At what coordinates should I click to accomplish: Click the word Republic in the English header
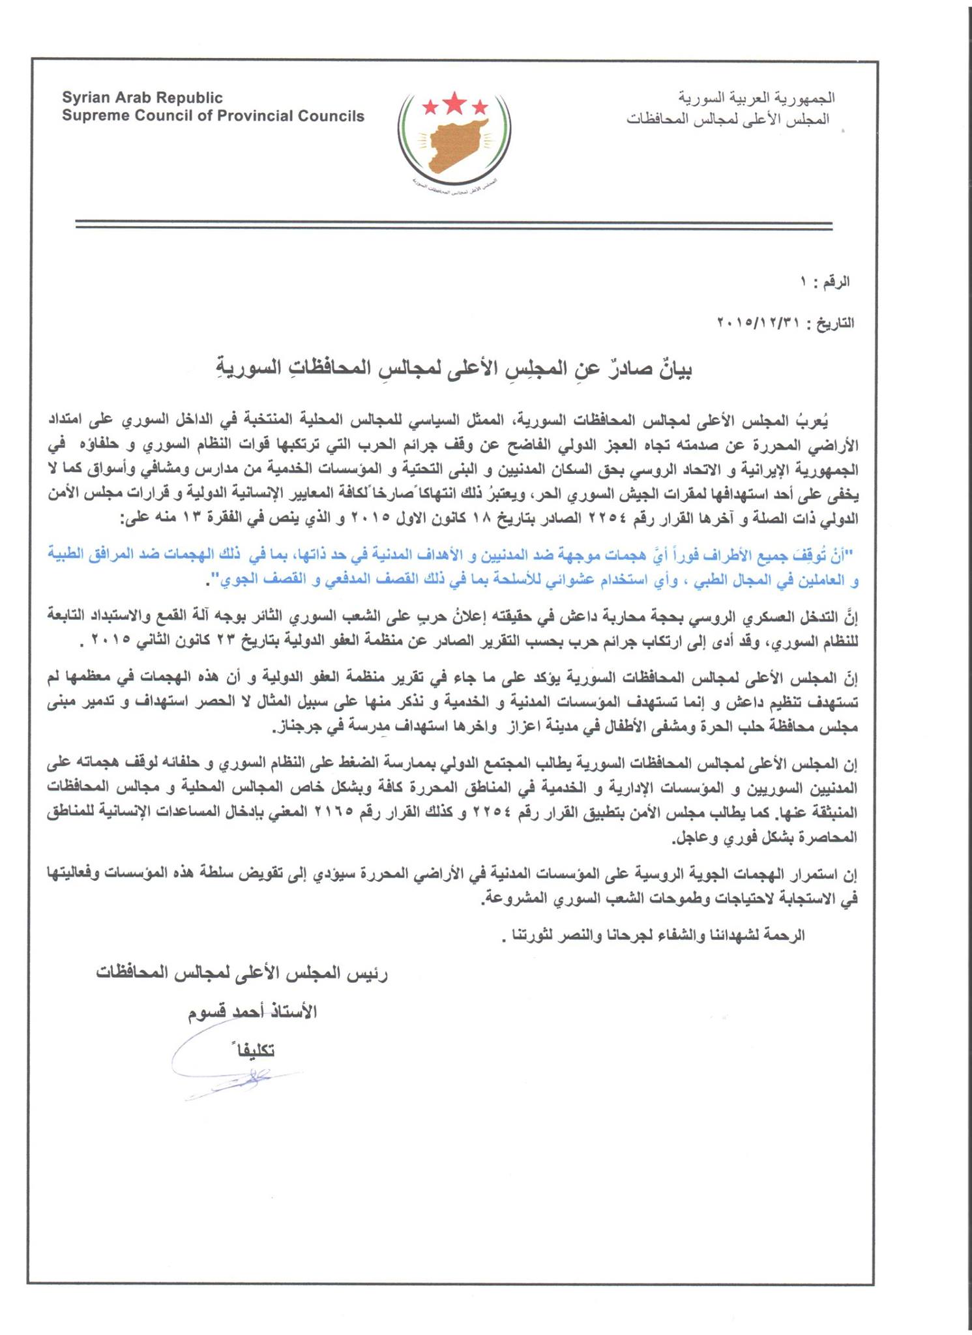[x=189, y=98]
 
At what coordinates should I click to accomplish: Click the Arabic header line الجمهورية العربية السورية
[x=756, y=98]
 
